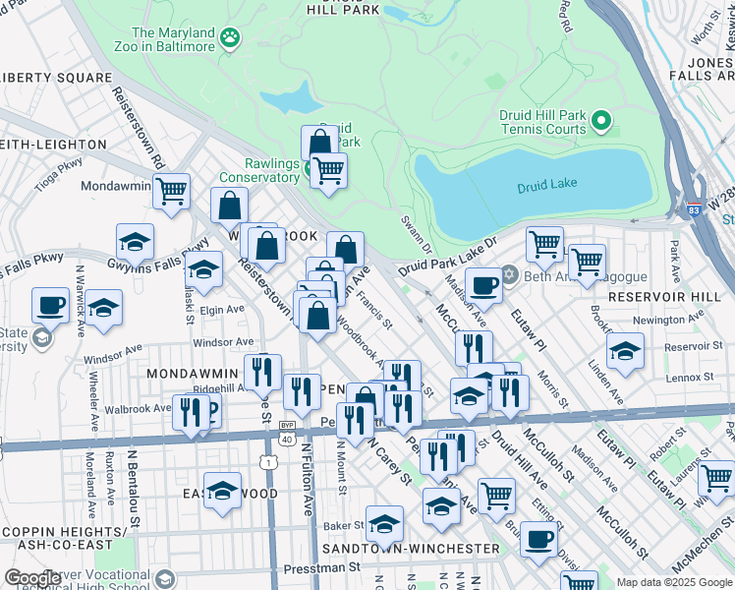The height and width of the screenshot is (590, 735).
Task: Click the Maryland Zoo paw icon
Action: pyautogui.click(x=230, y=37)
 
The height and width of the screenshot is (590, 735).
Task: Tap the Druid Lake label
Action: pyautogui.click(x=544, y=187)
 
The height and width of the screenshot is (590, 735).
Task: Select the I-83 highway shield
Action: pyautogui.click(x=694, y=209)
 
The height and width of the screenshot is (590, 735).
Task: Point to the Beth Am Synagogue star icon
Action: pyautogui.click(x=508, y=273)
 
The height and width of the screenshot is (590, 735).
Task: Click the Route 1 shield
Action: pyautogui.click(x=266, y=460)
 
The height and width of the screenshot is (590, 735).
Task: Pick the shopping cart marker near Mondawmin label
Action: pyautogui.click(x=171, y=190)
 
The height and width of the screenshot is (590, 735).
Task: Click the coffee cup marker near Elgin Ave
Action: pyautogui.click(x=50, y=305)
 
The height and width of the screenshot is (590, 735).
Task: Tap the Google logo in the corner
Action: pyautogui.click(x=32, y=578)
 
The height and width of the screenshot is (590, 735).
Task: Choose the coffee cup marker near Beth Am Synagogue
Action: pyautogui.click(x=483, y=285)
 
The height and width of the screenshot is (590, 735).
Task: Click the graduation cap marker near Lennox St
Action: pyautogui.click(x=625, y=350)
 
